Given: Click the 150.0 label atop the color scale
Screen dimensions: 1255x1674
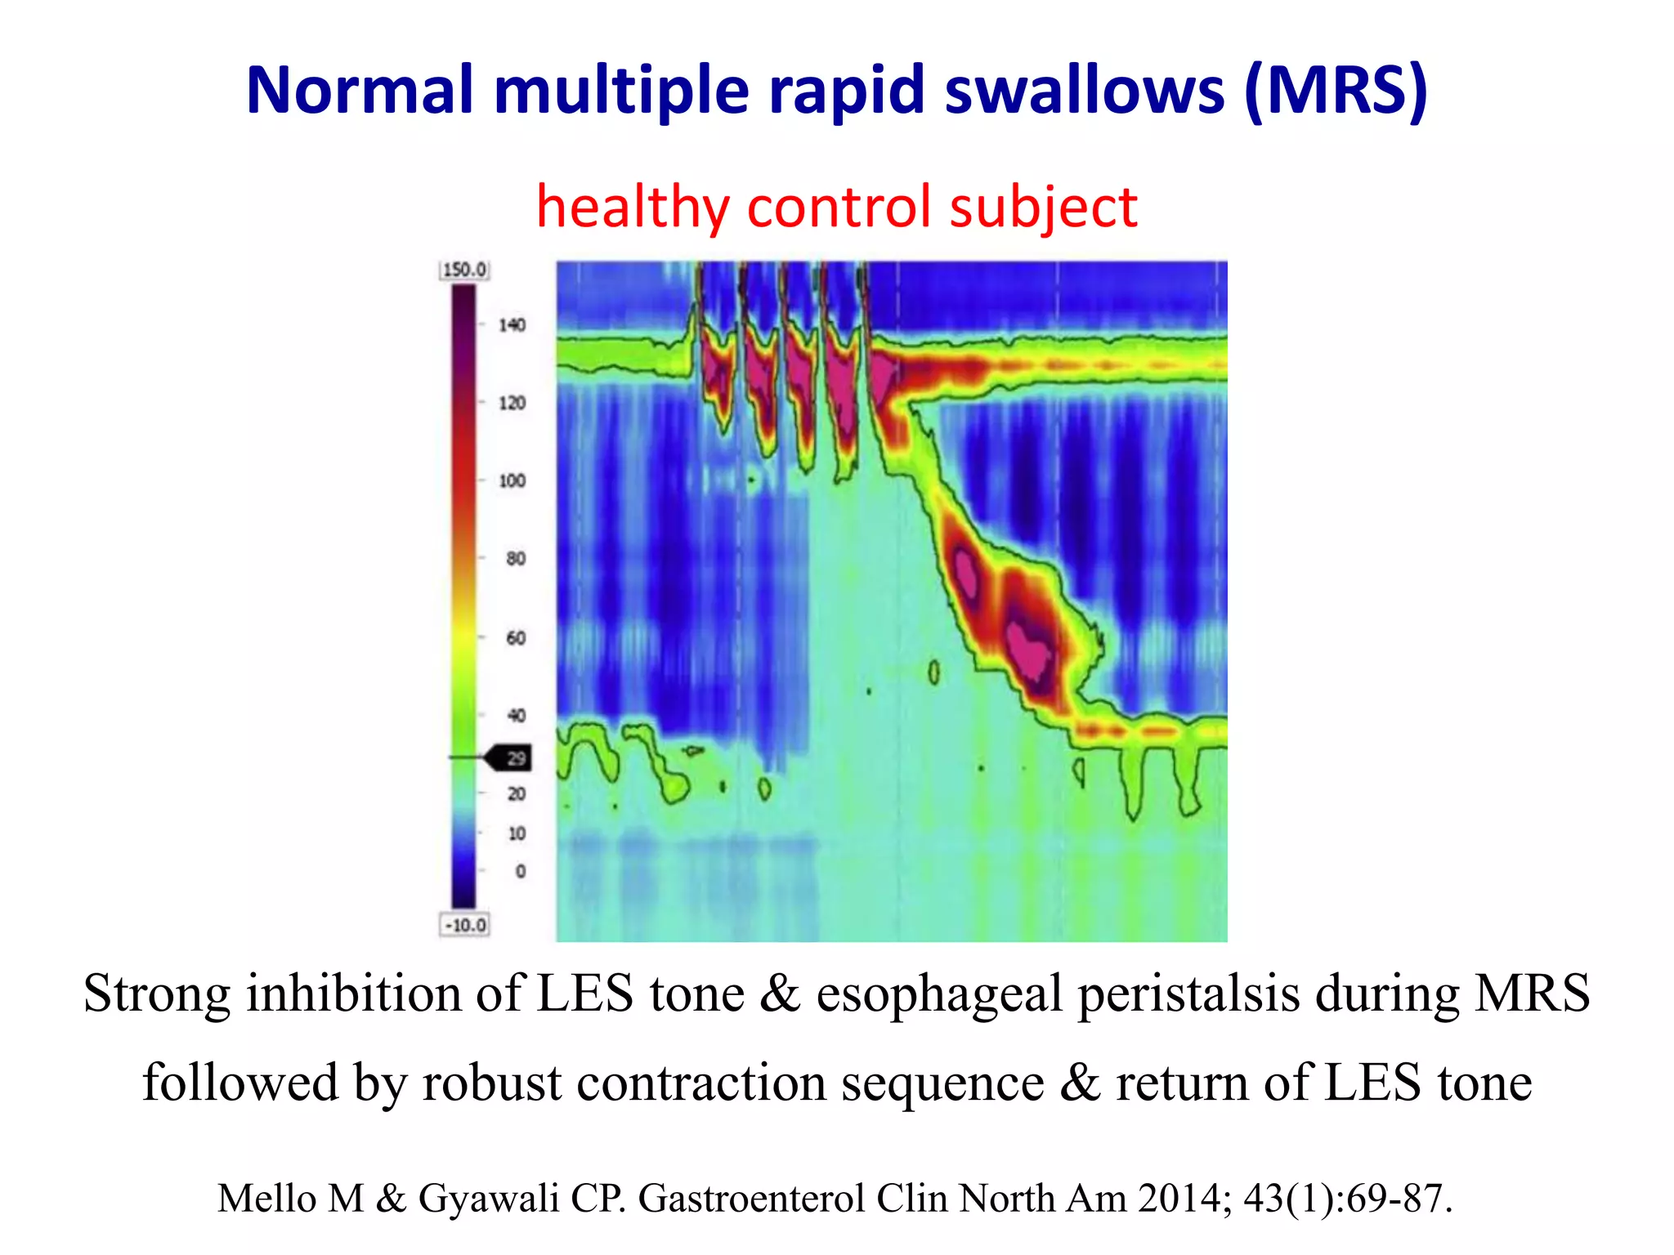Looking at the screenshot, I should coord(464,270).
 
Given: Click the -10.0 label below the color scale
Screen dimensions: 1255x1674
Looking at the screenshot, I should coord(464,925).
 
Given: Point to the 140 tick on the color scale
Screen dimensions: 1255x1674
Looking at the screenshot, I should coord(512,325).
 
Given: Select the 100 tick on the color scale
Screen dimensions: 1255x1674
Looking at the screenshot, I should coord(512,480).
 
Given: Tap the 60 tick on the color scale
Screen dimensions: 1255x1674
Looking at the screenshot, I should coord(516,637).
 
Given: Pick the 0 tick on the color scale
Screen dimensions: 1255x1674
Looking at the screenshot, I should coord(521,871).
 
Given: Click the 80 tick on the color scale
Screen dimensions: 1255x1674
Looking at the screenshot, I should coord(516,559).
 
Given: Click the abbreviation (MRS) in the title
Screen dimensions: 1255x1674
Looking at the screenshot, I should coord(1336,90).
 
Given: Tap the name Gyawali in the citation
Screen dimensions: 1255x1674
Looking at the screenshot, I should coord(489,1198).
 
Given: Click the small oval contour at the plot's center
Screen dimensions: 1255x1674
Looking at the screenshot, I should coord(933,672).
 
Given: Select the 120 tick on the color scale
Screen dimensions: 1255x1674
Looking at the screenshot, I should coord(512,403).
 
